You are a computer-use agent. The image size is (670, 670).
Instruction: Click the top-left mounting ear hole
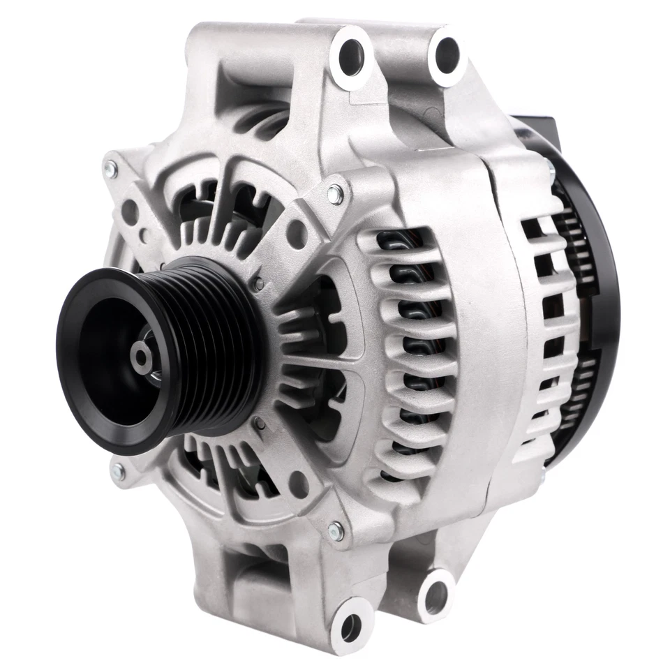click(x=350, y=52)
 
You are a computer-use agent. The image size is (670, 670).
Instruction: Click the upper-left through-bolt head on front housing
click(x=112, y=167)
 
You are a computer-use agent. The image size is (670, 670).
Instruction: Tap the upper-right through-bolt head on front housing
click(x=336, y=196)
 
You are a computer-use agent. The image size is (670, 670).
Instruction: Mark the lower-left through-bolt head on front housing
click(x=117, y=472)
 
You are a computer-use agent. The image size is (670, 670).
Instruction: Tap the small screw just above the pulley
click(x=259, y=283)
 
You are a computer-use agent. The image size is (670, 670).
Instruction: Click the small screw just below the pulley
click(x=259, y=422)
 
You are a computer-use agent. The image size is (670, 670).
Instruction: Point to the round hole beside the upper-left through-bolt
click(x=130, y=207)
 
